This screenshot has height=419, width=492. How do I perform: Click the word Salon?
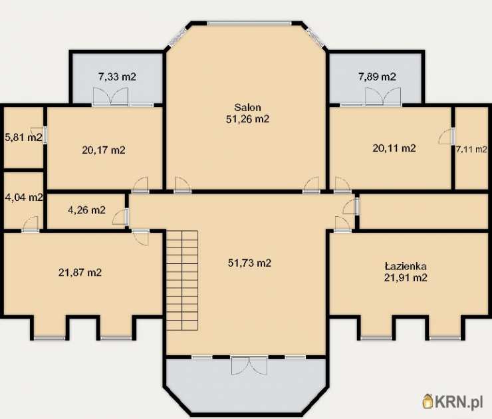pos(247,107)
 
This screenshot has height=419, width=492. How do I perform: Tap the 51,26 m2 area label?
pos(247,119)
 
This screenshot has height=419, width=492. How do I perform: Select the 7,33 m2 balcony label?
pos(117,76)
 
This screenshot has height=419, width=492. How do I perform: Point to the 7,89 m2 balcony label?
pos(377,76)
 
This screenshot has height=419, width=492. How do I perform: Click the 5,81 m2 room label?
pos(23,137)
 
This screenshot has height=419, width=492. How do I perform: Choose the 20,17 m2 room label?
pos(104,150)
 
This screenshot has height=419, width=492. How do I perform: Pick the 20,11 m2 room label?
pos(394,148)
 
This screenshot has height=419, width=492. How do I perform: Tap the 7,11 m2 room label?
pos(471,150)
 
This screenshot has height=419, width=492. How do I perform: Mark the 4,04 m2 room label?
pos(24,198)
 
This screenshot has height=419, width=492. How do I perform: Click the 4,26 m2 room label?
pos(86,209)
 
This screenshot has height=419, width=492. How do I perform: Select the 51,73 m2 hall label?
pos(249,263)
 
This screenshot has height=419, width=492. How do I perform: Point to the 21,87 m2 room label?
pos(80,272)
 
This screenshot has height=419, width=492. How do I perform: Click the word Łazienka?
pos(406,266)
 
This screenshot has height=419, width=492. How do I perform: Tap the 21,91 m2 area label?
pos(406,277)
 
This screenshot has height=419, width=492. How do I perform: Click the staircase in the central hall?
pos(182,280)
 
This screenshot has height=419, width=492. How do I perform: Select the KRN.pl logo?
pos(452,402)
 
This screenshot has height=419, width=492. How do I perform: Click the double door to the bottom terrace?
pos(249,366)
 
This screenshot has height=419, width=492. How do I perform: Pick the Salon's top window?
pos(249,23)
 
